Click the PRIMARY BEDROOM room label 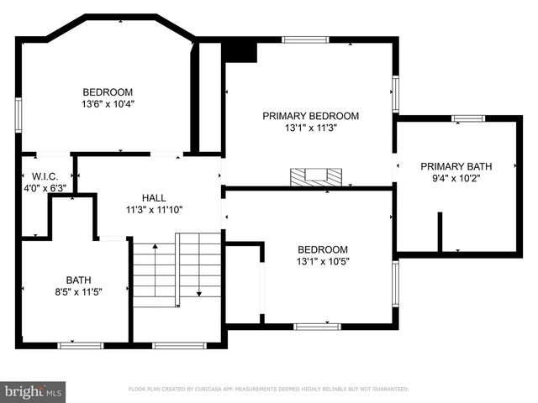coord(310,116)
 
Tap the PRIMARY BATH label coord(456,166)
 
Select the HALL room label coord(154,197)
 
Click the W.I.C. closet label coord(44,176)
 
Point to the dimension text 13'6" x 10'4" coord(108,105)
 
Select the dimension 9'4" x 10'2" coord(456,178)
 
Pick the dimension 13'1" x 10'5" coord(323,261)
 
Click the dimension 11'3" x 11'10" coord(154,210)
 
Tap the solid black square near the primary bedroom coord(240,51)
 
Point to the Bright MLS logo coord(34,390)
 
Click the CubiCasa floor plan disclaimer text coord(268,390)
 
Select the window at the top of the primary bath coord(468,119)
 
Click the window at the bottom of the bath coord(80,344)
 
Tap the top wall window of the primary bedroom coord(305,39)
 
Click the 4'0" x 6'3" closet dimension coord(44,189)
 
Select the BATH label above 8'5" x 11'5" coord(78,280)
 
